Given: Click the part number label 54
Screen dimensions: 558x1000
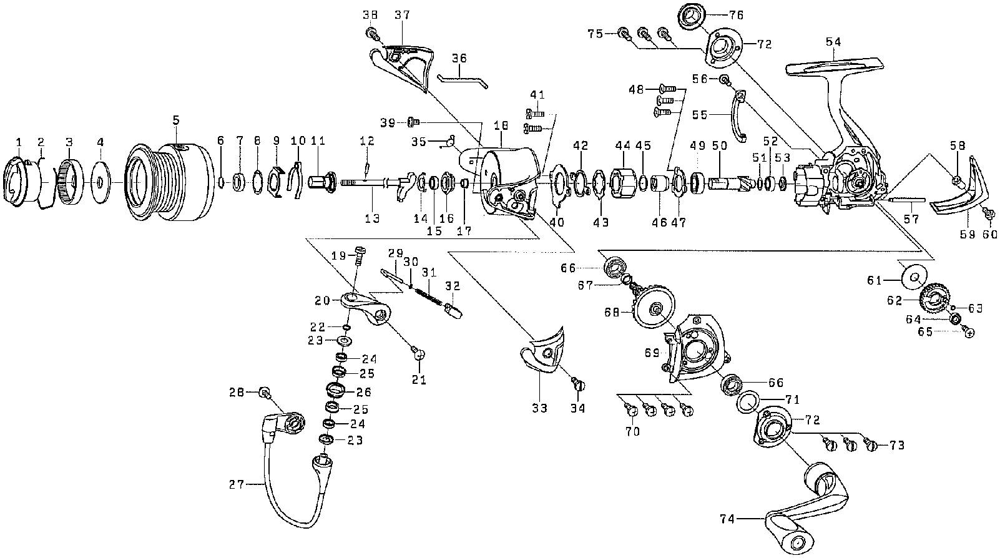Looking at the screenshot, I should (x=833, y=42).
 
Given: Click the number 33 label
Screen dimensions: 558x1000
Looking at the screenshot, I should (x=539, y=408).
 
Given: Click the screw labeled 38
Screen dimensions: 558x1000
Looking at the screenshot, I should (x=373, y=34).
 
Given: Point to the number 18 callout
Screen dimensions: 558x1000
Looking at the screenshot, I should (x=502, y=125).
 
